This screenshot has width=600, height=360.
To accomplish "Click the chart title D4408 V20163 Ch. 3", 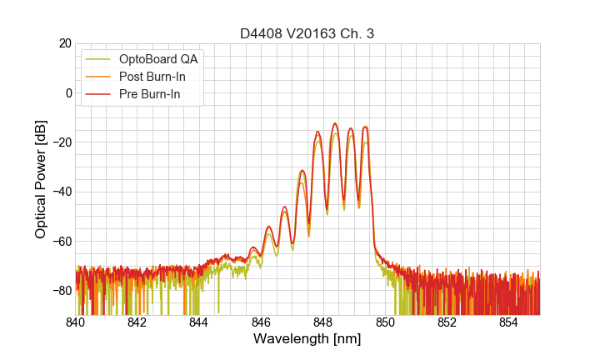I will (307, 33).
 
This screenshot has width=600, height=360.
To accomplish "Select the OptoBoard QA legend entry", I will (158, 59).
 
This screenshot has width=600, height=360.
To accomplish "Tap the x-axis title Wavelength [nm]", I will (307, 339).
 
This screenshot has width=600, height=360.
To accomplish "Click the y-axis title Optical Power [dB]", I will (41, 179).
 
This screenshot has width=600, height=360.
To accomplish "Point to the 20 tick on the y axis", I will (64, 43).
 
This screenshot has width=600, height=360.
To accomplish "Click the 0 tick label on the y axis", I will (67, 92).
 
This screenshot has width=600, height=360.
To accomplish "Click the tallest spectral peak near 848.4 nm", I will (335, 123).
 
